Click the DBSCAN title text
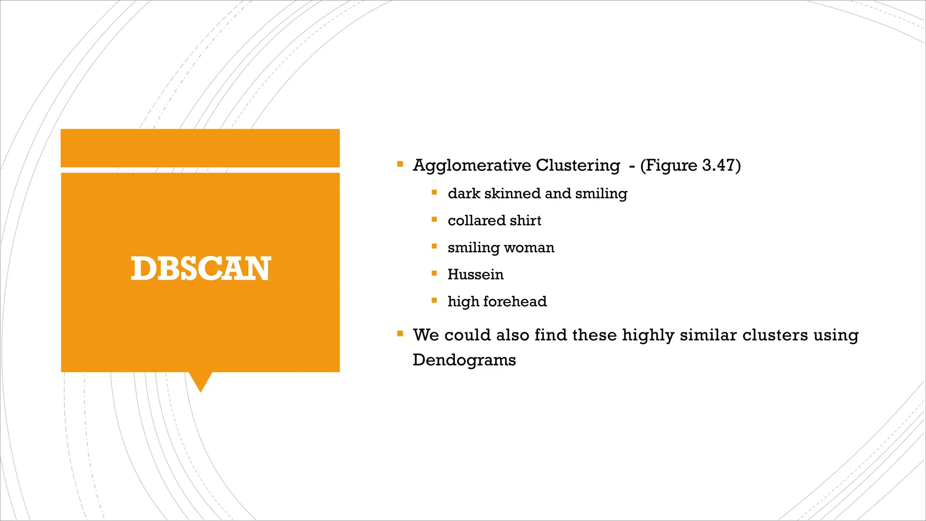[201, 269]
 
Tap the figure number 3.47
[719, 165]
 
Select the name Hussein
[475, 275]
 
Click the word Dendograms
[464, 360]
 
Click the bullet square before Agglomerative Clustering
[400, 164]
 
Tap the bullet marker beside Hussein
[434, 273]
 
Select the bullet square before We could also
[400, 334]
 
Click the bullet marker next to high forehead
[434, 300]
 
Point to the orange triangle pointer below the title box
[200, 381]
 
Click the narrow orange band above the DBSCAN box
[200, 148]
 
